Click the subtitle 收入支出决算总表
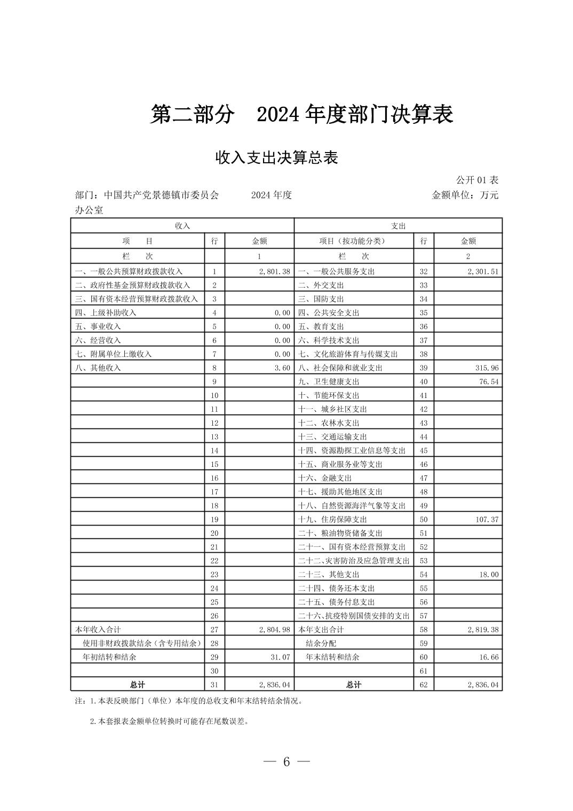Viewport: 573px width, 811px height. (x=276, y=158)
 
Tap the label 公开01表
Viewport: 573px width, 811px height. (x=477, y=180)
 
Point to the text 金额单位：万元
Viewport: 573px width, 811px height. (x=465, y=195)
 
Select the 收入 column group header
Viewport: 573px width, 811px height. (x=182, y=226)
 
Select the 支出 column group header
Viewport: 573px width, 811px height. (x=398, y=226)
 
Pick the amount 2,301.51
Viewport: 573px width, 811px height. (x=483, y=272)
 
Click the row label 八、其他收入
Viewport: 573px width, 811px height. (x=98, y=368)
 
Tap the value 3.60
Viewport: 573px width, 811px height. (x=282, y=368)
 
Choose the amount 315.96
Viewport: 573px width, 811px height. (x=487, y=368)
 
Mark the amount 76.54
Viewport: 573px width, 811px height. (x=489, y=382)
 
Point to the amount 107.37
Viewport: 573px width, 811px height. (x=487, y=520)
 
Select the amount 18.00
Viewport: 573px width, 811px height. (x=489, y=575)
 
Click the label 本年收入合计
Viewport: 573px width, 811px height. (x=98, y=630)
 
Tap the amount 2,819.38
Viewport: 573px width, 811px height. (x=483, y=630)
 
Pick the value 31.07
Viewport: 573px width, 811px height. (x=280, y=657)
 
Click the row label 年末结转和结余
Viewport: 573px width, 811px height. (x=332, y=657)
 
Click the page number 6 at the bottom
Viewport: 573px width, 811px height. (x=286, y=762)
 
